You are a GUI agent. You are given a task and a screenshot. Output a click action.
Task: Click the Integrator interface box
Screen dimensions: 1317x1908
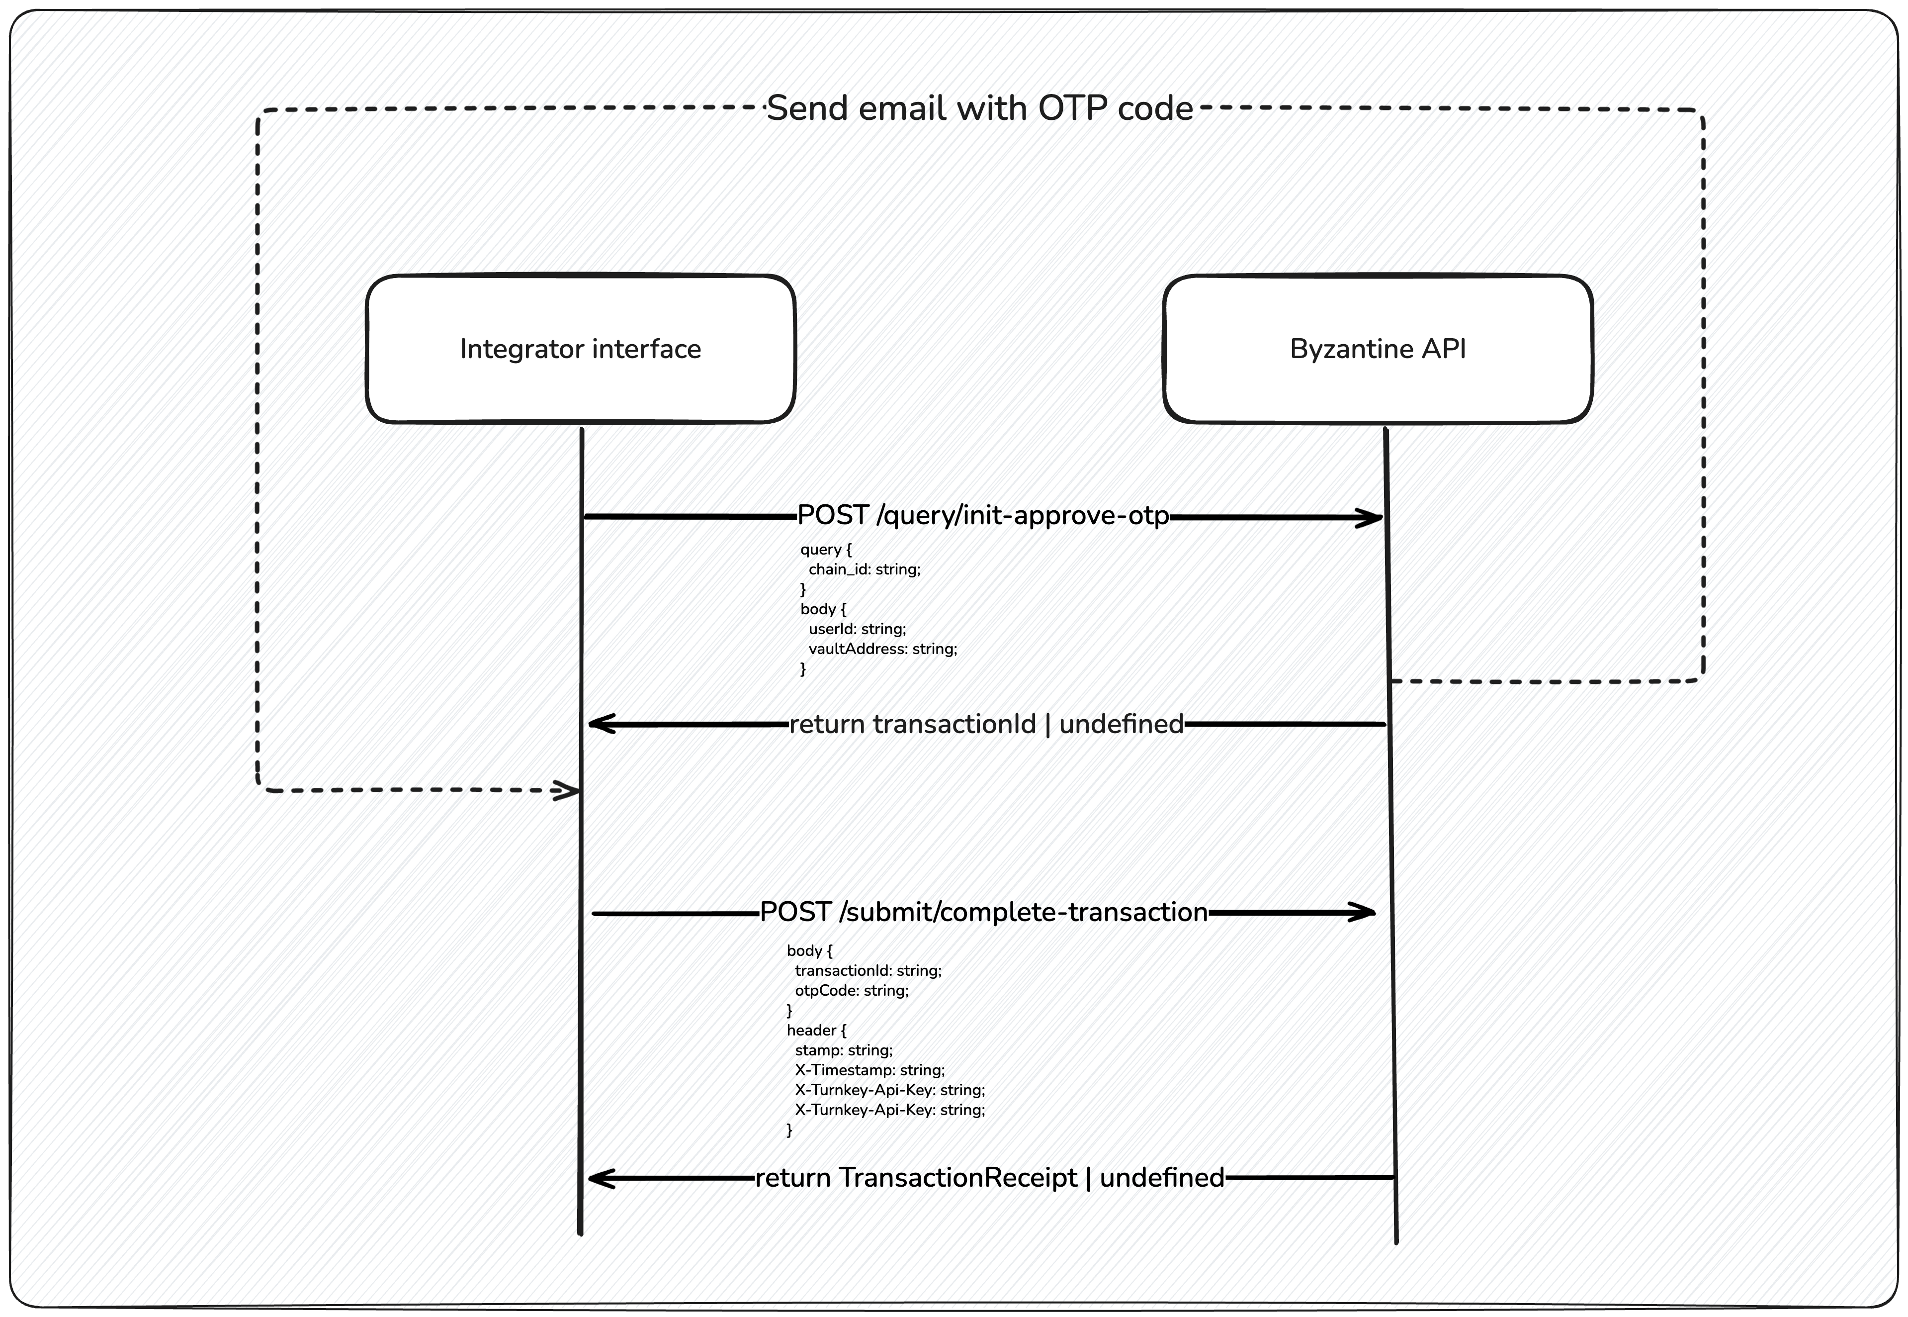coord(580,349)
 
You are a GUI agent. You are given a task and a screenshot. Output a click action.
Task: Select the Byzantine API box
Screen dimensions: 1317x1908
coord(1378,349)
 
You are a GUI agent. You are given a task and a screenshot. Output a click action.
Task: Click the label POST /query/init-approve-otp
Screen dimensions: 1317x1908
coord(982,516)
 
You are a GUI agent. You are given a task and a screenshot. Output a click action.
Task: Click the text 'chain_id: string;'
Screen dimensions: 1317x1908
coord(864,569)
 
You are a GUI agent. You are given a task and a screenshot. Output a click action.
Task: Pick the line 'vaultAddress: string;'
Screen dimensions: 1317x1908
coord(882,649)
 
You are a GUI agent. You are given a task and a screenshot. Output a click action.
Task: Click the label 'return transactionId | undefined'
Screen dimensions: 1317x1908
coord(986,725)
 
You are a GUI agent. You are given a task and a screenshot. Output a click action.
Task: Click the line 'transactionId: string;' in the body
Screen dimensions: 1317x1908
coord(868,970)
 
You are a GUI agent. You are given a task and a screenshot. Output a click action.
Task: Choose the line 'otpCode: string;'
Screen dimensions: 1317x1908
coord(851,990)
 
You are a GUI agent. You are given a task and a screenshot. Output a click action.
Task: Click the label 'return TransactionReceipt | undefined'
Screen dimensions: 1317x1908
coord(989,1178)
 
